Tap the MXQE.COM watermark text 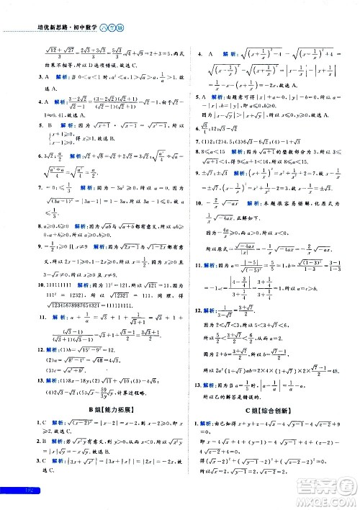click(x=327, y=496)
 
